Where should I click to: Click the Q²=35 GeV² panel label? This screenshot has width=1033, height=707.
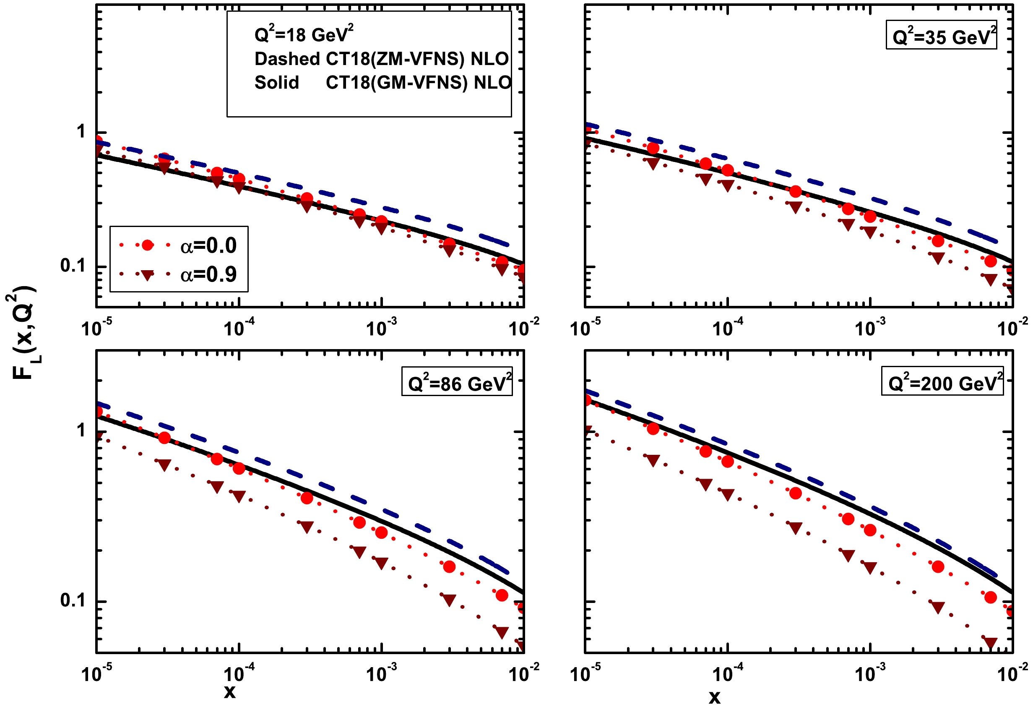[x=941, y=36]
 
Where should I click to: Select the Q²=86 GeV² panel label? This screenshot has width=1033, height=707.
[x=457, y=382]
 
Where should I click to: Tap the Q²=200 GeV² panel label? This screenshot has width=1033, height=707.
[x=943, y=382]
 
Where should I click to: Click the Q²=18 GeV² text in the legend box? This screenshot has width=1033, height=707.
[x=304, y=34]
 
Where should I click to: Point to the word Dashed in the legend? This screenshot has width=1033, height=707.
[x=287, y=59]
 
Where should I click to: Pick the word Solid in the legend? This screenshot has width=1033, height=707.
[x=276, y=83]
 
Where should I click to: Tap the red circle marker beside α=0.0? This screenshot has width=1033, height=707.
[x=147, y=245]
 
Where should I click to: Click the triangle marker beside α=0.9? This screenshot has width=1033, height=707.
[x=147, y=275]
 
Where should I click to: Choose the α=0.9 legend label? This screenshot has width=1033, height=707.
[x=208, y=274]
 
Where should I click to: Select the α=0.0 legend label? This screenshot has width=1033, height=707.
[x=208, y=245]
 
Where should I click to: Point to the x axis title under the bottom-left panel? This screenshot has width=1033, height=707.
[x=229, y=692]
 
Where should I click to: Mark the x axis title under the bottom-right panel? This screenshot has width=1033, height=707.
[x=714, y=697]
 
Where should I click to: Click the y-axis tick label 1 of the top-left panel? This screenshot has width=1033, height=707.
[x=81, y=132]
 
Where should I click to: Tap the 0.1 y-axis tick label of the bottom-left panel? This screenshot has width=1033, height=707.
[x=73, y=600]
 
